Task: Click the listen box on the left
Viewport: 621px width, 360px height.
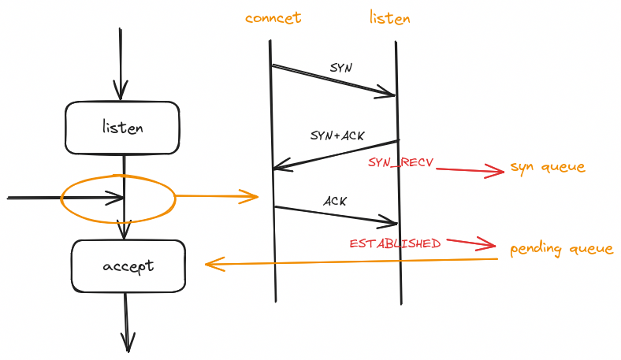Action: coord(123,128)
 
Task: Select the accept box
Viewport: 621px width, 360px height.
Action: coord(128,266)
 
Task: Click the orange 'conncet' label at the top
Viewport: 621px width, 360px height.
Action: coord(273,18)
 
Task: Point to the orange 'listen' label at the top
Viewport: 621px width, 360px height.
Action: coord(390,17)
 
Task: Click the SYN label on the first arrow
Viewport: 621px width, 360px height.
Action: coord(341,68)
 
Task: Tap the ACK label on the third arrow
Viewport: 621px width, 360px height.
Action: coord(336,201)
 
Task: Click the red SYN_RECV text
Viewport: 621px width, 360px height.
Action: coord(401,162)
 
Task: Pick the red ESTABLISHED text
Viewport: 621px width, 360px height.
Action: coord(396,243)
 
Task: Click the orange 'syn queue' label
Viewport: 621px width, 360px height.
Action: coord(548,167)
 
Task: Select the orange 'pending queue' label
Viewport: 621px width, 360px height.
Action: coord(561,249)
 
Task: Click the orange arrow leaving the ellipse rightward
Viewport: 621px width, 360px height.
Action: coord(216,195)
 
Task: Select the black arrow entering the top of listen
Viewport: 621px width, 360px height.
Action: coord(120,63)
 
